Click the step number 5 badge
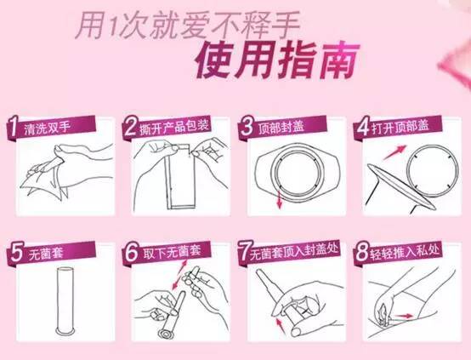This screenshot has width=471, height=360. coord(14,253)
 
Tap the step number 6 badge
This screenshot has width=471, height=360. coord(129,253)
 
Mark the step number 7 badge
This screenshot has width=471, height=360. coord(244,253)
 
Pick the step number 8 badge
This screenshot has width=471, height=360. coord(362,253)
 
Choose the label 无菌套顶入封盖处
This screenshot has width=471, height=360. coord(298,254)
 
